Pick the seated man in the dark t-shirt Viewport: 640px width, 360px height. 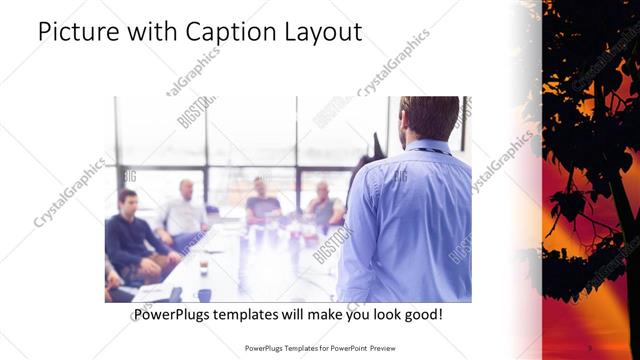click(262, 204)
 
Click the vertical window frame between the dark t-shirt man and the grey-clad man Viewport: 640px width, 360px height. click(296, 160)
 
